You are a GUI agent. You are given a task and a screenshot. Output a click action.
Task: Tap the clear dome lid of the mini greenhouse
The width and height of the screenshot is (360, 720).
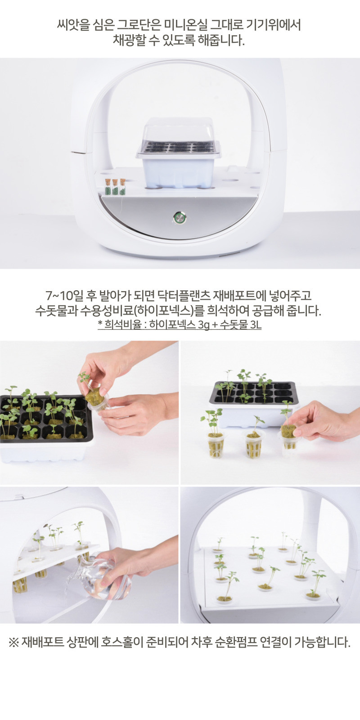(179, 137)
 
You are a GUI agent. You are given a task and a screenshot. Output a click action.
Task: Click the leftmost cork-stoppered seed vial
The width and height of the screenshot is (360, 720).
(108, 187)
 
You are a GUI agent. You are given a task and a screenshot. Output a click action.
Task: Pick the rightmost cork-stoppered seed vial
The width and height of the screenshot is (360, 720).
(123, 187)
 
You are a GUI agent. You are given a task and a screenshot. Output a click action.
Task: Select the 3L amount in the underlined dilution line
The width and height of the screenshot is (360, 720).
(256, 325)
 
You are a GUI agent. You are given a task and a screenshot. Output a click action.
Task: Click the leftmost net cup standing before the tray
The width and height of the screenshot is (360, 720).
(216, 445)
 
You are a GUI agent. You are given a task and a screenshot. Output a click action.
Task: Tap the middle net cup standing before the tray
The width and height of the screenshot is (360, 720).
(253, 445)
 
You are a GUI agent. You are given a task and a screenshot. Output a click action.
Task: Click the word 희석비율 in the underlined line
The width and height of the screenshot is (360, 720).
(122, 325)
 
